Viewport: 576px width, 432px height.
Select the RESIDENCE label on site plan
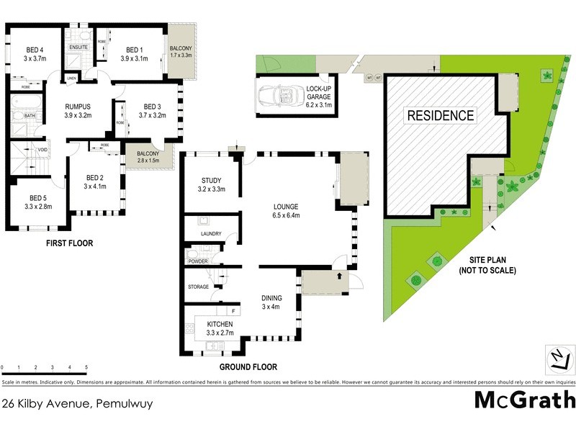(x=441, y=115)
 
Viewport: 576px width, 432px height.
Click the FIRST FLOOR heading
(x=69, y=243)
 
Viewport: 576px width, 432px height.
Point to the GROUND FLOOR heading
(x=248, y=367)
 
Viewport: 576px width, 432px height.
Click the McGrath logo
(x=525, y=400)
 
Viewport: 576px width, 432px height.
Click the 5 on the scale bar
(x=87, y=367)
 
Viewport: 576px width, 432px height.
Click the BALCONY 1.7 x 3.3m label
(x=181, y=50)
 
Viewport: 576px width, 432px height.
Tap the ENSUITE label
(x=78, y=48)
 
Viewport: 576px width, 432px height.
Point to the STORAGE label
(x=198, y=287)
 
